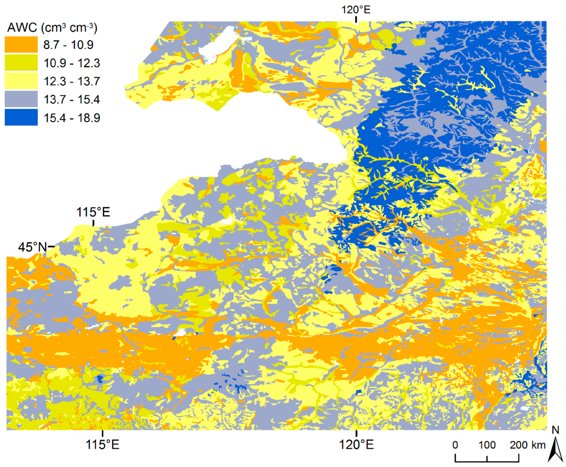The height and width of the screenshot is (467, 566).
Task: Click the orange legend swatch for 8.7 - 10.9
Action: [x=21, y=44]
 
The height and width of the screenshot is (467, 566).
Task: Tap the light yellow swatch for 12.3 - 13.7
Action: [x=21, y=81]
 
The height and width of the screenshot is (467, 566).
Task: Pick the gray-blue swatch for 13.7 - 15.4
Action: [x=21, y=99]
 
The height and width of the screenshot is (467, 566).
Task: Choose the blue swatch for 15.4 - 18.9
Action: [x=21, y=118]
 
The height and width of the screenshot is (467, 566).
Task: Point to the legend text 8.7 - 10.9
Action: [x=68, y=45]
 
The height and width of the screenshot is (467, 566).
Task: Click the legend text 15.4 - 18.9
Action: [x=72, y=118]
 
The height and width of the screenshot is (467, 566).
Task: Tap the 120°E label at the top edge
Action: [x=356, y=10]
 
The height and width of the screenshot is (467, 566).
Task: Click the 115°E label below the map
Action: [x=102, y=445]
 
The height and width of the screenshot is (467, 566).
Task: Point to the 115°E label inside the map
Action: [x=93, y=212]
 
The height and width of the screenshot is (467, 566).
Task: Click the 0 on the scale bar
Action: [x=455, y=445]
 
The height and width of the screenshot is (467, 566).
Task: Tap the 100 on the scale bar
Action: [x=487, y=445]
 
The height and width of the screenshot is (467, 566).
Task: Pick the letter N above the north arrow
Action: [x=556, y=430]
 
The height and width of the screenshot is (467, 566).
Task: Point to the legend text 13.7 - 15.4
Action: [x=72, y=99]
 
